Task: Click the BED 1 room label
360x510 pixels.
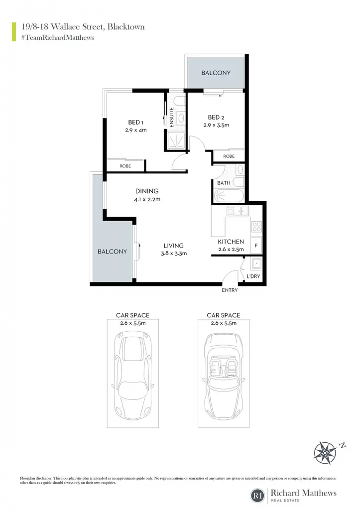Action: [135, 123]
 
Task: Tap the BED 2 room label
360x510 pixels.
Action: [216, 118]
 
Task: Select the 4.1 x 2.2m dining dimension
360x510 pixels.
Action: [147, 199]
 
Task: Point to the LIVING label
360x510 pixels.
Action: [173, 246]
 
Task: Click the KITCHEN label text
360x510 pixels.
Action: [231, 242]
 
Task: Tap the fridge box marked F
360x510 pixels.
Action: [256, 246]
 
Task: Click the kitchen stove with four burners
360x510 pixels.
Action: [256, 227]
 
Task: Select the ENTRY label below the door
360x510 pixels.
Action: [230, 290]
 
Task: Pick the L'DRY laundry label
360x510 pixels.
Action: [253, 276]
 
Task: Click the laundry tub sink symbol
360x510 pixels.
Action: [256, 263]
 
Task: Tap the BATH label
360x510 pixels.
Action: [224, 183]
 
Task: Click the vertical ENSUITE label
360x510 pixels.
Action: [171, 117]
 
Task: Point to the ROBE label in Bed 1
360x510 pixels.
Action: [125, 166]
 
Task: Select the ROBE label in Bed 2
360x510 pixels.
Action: [229, 156]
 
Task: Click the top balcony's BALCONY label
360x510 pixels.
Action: [216, 73]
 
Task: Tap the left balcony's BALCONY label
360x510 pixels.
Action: [112, 252]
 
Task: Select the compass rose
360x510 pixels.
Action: [326, 452]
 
